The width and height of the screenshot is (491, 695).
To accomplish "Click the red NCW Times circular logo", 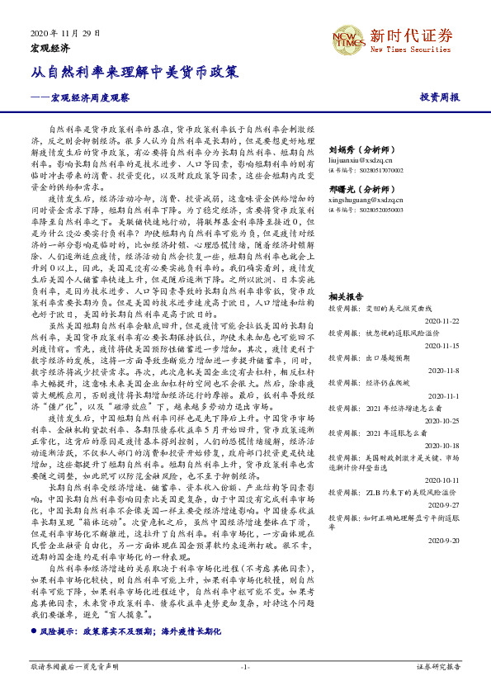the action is pos(346,40).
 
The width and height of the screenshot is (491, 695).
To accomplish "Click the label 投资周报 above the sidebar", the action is pos(440,97).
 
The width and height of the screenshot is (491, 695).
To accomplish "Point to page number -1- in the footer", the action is pos(245,666).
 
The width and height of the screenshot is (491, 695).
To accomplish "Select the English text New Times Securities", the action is pos(411,49).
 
